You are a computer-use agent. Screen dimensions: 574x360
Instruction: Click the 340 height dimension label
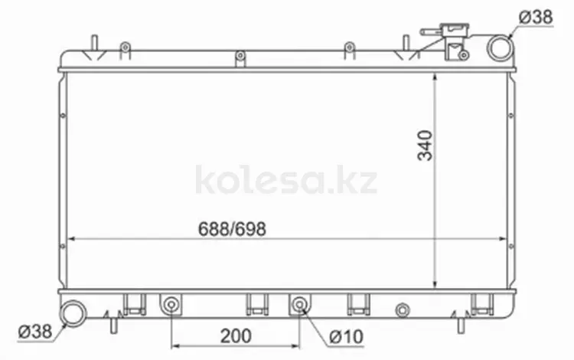425,146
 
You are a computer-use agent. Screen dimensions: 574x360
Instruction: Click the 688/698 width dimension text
232,229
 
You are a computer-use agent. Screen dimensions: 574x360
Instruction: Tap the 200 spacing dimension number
236,335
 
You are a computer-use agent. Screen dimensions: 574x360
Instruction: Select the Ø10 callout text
346,336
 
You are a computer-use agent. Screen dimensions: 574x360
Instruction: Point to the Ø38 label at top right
536,17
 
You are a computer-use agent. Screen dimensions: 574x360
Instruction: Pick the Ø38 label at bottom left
35,332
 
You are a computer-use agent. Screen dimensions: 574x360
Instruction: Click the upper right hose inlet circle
500,48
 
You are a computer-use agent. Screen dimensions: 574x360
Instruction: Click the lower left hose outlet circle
73,313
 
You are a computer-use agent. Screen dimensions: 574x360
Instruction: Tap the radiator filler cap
455,30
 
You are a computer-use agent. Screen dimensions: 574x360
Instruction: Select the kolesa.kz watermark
286,180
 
